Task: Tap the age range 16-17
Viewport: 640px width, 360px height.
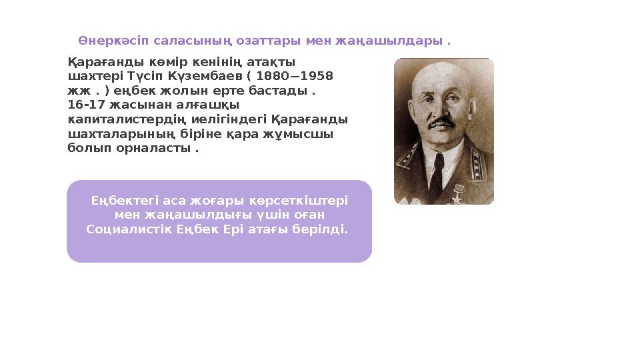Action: (83, 105)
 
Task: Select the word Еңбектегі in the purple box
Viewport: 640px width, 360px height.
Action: (121, 200)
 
